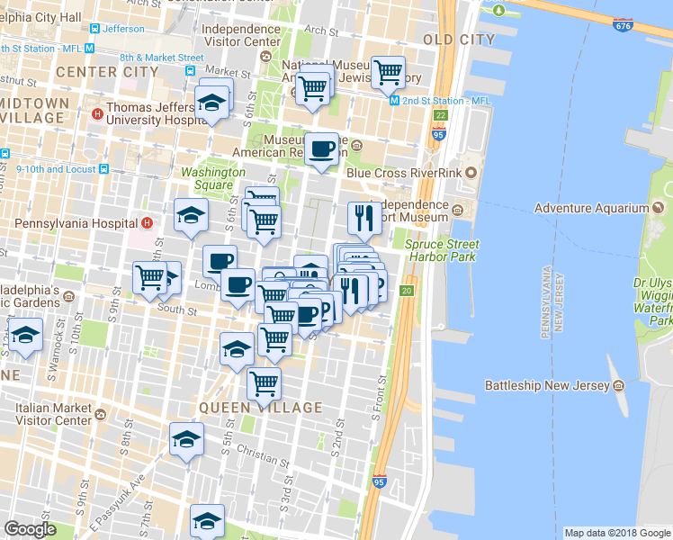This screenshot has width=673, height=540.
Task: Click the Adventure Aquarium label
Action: (x=591, y=208)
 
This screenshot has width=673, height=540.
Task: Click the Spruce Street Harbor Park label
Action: (x=442, y=250)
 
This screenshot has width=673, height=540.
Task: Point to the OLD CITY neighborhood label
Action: (x=459, y=40)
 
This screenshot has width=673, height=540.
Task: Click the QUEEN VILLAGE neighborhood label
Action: (x=260, y=408)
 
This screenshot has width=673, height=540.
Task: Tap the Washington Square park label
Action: (x=213, y=178)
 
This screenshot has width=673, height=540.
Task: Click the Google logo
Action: (x=30, y=529)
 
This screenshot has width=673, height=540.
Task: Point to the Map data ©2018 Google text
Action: (x=617, y=533)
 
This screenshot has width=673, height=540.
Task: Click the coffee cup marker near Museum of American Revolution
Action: (x=321, y=150)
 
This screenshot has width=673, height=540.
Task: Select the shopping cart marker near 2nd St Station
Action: (x=388, y=72)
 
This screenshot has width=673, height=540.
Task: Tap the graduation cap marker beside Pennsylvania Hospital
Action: (x=192, y=216)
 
